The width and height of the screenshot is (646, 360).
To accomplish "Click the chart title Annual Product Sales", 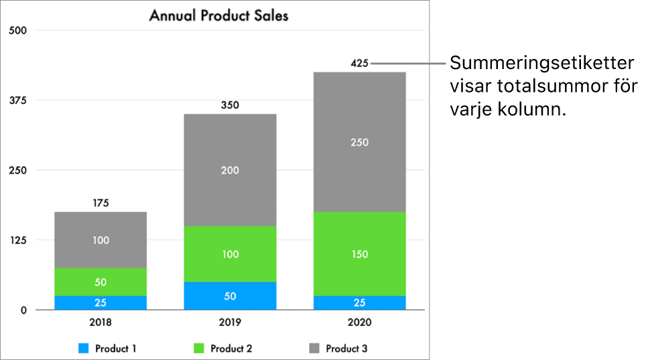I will coord(218,15).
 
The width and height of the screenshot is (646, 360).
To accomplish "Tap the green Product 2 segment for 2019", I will coord(230,253).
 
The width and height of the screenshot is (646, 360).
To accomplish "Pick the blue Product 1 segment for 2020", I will coord(359,302).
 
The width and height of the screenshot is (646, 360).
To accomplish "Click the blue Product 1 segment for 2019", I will coord(230,296).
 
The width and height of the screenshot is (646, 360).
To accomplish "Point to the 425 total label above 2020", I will coord(359,64).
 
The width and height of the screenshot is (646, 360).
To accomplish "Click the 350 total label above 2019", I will coord(230,105).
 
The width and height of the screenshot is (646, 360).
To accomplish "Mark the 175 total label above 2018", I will coord(101,202).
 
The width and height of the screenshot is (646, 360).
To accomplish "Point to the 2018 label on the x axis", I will coord(101,322).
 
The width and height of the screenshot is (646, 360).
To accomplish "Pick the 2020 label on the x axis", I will coord(359,322).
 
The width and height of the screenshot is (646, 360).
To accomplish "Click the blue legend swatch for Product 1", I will coord(84,349).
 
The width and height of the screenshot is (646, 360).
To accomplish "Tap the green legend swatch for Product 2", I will coord(199,349).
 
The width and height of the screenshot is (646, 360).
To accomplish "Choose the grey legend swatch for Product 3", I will coord(314,349).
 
